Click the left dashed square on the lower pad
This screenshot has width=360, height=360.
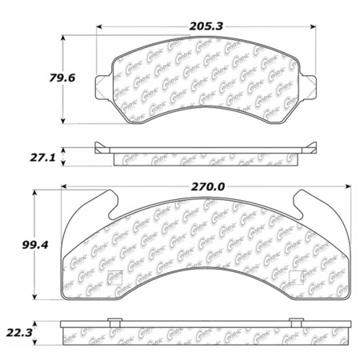click(114, 279)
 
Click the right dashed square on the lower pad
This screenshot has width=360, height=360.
click(295, 279)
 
